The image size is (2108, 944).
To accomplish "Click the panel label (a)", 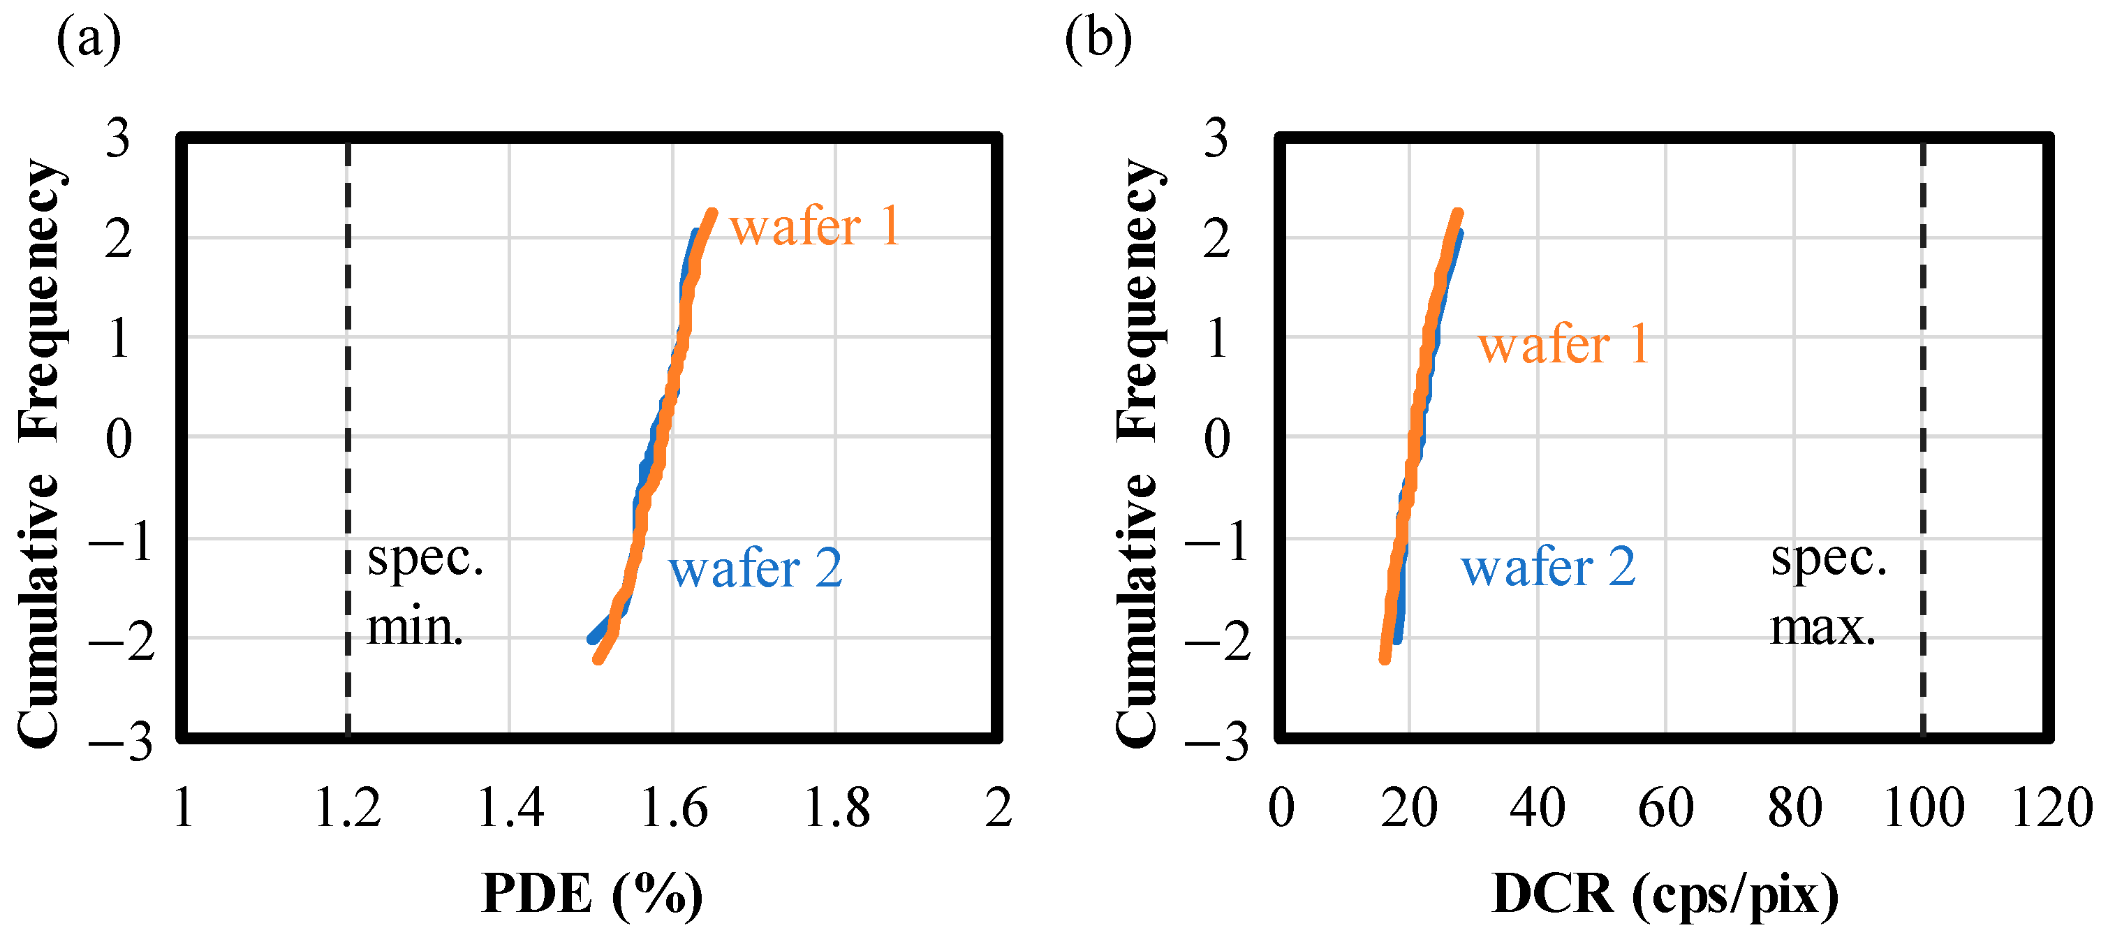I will [89, 39].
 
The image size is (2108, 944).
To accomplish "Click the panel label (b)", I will [1098, 39].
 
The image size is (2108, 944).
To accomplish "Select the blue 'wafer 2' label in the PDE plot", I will [756, 568].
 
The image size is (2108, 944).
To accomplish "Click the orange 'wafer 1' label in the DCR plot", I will [1563, 344].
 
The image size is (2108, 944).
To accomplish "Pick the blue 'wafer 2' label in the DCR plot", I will [1548, 567].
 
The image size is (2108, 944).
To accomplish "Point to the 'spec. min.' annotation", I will [424, 592].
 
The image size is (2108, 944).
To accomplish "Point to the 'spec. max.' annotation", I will [1828, 592].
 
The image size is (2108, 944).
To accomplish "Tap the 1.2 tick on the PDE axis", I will [348, 809].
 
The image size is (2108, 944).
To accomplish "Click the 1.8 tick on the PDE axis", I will [836, 809].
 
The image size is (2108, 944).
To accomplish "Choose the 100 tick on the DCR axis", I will [1923, 809].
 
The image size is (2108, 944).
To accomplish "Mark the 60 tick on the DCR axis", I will [1665, 809].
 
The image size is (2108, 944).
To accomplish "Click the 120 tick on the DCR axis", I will [2051, 809].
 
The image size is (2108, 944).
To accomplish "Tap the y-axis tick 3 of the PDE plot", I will [118, 139].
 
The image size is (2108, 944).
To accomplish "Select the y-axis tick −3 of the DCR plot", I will [1216, 744].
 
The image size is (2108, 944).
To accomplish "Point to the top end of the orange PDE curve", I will [712, 214].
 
